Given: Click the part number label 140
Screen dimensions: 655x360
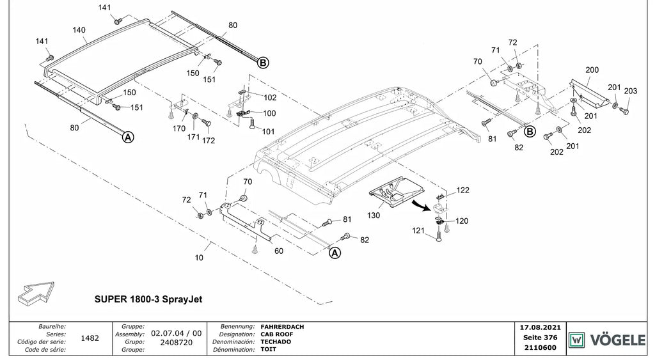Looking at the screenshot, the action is point(79,30).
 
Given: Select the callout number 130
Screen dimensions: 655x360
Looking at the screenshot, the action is point(374,215).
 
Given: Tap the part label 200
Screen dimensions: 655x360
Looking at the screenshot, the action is point(592,70).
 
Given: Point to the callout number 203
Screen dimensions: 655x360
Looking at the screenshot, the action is point(630,91).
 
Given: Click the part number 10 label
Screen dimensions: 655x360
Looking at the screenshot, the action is point(199,258).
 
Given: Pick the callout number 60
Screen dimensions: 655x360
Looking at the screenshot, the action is point(279,251).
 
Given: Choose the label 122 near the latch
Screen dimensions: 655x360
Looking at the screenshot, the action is point(462,190).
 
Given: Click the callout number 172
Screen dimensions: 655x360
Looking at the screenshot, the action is point(208,141).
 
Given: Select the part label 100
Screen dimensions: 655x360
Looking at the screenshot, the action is point(269,113).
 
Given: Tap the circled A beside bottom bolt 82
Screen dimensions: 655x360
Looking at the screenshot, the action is point(335,253).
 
